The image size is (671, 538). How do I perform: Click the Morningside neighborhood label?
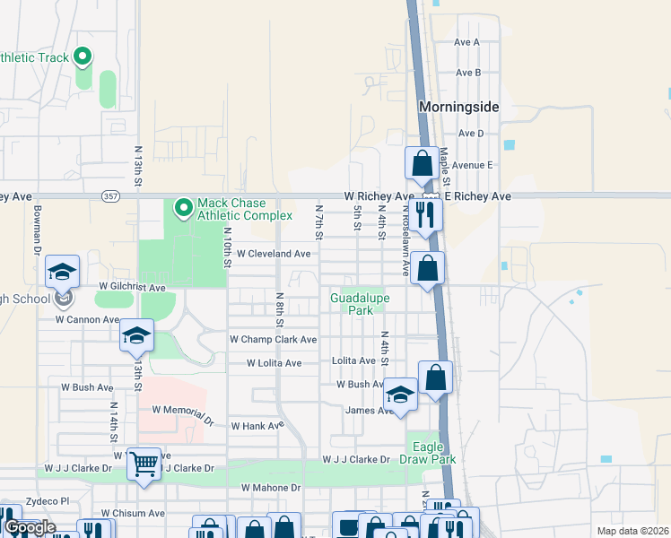[x=458, y=107]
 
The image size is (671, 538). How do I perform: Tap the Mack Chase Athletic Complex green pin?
[x=184, y=208]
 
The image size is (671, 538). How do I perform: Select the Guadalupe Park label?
[x=351, y=304]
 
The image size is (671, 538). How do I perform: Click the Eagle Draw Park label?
[x=433, y=453]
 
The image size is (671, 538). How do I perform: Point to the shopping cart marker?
[x=144, y=464]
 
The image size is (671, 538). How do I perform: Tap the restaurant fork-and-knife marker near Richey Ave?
[x=425, y=214]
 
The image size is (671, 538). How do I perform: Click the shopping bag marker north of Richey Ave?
[x=422, y=164]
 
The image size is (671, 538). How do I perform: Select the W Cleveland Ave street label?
[x=274, y=254]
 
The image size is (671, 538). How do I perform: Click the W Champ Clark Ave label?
[x=273, y=340]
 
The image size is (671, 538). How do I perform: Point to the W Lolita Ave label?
[x=274, y=363]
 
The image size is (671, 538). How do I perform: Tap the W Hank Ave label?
[x=257, y=427]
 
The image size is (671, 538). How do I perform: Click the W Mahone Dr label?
[x=270, y=488]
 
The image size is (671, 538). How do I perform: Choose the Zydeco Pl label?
[x=52, y=500]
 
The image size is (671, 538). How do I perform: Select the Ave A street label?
[x=467, y=42]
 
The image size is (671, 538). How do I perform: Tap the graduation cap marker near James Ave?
[x=400, y=395]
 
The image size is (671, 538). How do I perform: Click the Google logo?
[x=30, y=528]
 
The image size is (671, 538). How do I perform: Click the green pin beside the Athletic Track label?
[x=83, y=58]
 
